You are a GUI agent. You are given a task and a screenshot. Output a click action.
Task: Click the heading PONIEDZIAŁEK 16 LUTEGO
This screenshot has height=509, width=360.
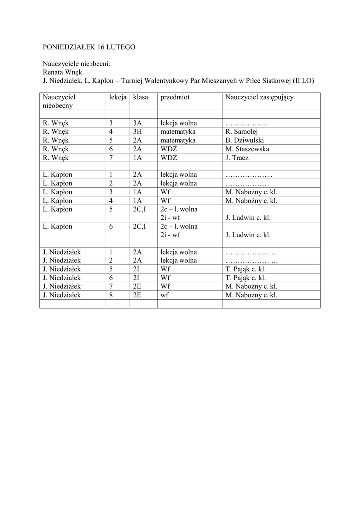[90, 47]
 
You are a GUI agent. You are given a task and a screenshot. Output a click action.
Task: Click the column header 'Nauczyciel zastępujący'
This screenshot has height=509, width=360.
[259, 97]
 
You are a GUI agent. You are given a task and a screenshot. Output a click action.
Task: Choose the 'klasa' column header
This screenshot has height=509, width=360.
[141, 97]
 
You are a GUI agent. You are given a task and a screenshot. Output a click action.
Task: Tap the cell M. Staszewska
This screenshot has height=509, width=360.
[247, 149]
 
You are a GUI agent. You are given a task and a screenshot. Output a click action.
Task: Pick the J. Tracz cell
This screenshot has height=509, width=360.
[237, 158]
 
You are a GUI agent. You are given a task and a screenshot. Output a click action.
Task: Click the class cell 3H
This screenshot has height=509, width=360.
[138, 132]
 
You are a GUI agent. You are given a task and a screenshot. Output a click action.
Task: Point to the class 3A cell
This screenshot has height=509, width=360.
[138, 123]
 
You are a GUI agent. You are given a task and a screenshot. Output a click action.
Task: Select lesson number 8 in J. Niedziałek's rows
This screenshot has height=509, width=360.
[112, 295]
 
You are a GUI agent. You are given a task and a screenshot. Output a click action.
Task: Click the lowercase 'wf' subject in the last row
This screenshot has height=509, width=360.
[165, 295]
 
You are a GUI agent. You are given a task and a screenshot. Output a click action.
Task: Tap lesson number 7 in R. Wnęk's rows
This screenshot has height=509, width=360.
[112, 158]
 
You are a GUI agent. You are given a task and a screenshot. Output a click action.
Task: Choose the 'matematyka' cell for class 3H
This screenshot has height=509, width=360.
[178, 132]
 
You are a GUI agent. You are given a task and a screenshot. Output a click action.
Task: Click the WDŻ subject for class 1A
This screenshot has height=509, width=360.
[169, 158]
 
